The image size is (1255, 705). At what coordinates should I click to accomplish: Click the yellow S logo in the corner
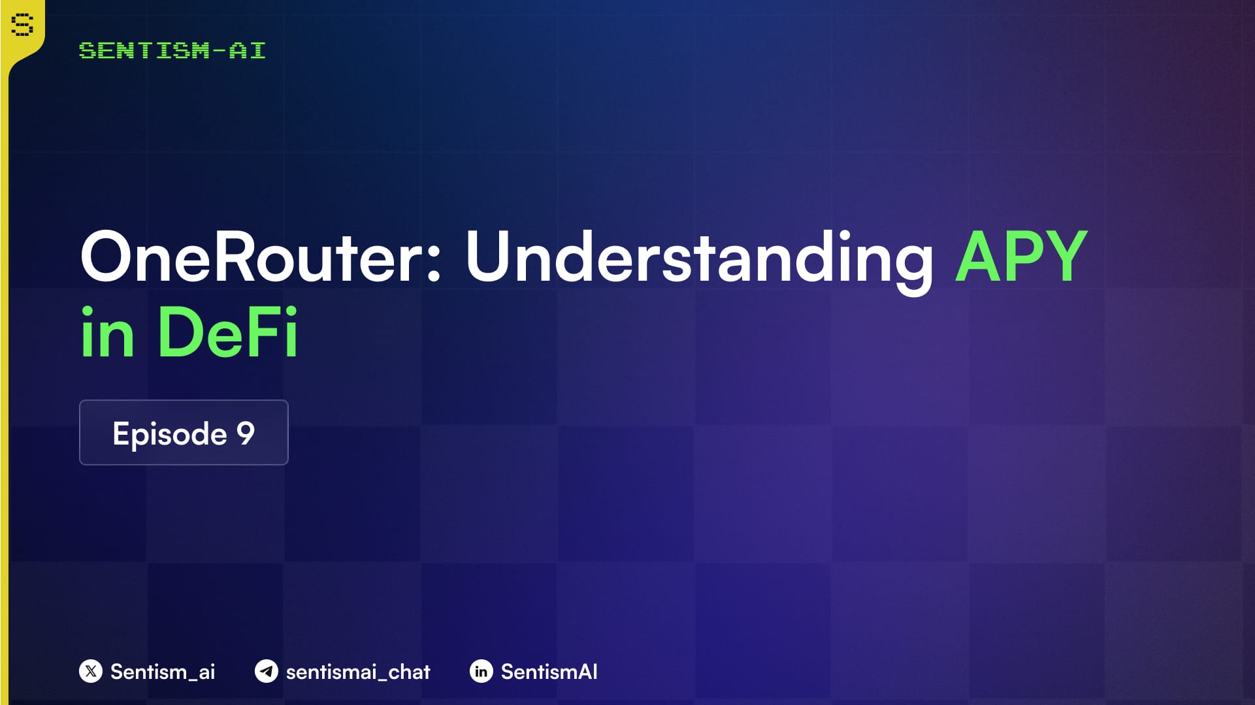pyautogui.click(x=22, y=25)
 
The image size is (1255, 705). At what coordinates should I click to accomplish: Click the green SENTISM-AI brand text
pyautogui.click(x=172, y=50)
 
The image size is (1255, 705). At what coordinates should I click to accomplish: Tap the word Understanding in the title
pyautogui.click(x=700, y=261)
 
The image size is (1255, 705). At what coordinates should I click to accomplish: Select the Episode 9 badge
pyautogui.click(x=184, y=432)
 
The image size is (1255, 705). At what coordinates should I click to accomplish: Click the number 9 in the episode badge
pyautogui.click(x=246, y=433)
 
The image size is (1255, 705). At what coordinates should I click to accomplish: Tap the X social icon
pyautogui.click(x=91, y=671)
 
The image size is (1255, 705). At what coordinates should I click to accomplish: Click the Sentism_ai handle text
pyautogui.click(x=163, y=672)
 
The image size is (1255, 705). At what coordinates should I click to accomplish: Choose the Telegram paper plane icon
pyautogui.click(x=267, y=671)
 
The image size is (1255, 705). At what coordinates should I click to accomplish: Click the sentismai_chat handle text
pyautogui.click(x=358, y=672)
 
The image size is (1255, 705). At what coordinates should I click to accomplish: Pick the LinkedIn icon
pyautogui.click(x=481, y=671)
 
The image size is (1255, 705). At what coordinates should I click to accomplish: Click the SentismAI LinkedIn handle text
pyautogui.click(x=549, y=672)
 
